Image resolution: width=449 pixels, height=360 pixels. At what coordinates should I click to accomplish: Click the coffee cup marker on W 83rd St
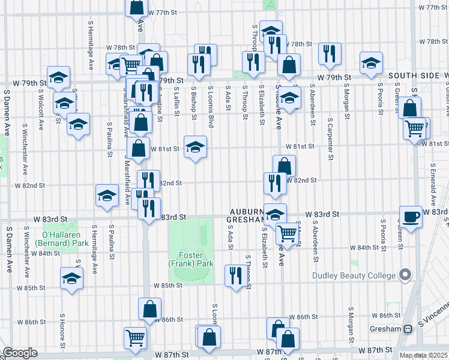411,217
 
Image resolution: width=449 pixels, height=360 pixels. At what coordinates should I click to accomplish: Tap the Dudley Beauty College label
354,276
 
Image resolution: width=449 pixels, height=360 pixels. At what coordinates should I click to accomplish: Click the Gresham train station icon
408,329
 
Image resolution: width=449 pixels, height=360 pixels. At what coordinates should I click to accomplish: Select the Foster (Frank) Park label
191,259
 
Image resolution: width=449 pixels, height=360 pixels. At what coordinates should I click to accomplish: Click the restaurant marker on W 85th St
234,276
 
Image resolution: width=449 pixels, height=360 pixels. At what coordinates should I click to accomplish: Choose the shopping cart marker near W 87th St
135,338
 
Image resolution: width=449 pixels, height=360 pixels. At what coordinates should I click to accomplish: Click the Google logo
19,353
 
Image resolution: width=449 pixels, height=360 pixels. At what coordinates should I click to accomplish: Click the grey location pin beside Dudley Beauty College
405,275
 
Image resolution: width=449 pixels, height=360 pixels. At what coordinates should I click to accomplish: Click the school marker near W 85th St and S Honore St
71,278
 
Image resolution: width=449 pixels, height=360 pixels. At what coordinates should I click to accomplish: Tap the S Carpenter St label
331,139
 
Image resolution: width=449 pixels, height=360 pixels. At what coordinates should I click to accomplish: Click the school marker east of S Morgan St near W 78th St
371,62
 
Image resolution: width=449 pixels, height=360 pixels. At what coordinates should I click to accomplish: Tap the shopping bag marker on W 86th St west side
149,309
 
